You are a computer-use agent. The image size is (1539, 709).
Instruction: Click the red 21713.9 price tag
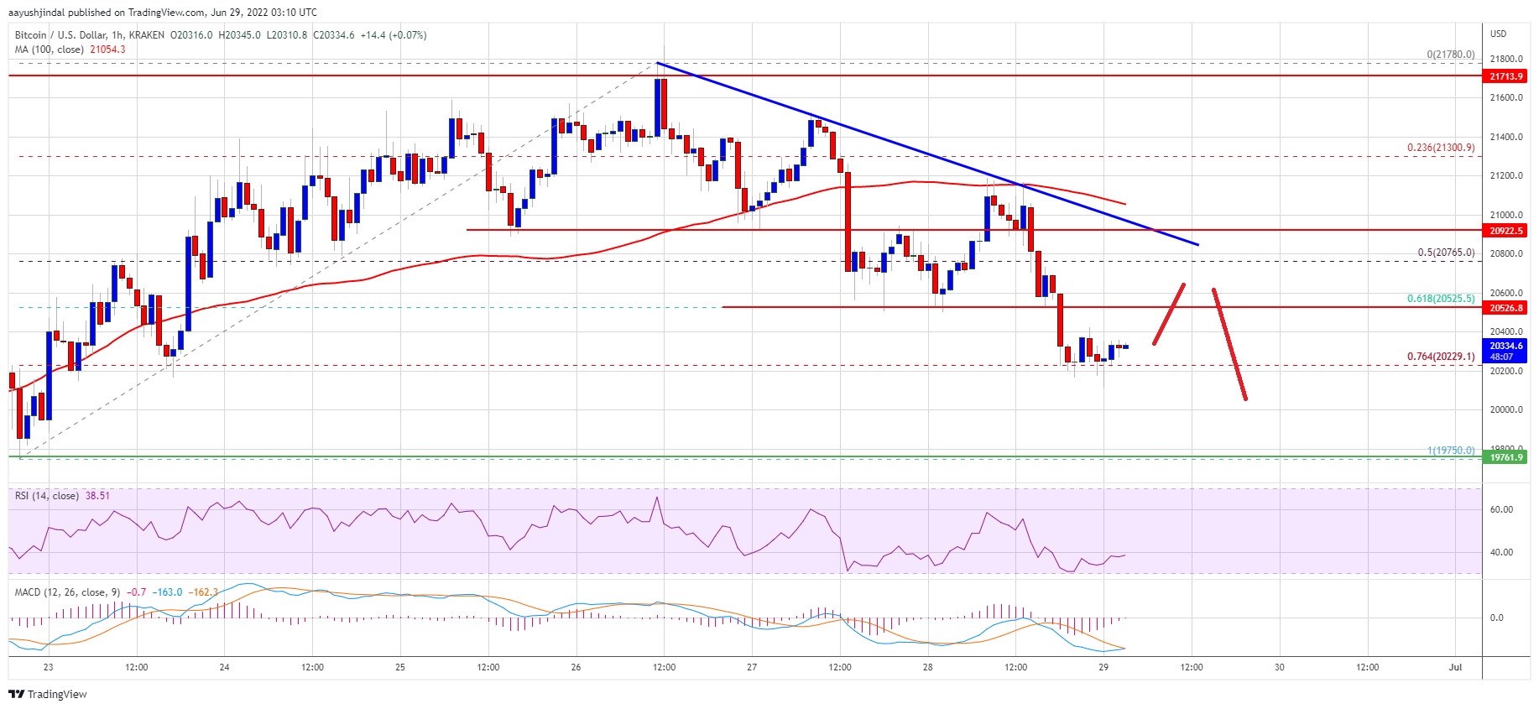(x=1505, y=76)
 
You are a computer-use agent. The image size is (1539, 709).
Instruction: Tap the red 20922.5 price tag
(x=1505, y=231)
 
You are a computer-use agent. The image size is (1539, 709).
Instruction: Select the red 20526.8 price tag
(x=1505, y=308)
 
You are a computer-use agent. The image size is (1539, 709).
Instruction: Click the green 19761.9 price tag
(x=1505, y=457)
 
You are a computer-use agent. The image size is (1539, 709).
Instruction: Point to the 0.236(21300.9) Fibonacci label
(x=1440, y=148)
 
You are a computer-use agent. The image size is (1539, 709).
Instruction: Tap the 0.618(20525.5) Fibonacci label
(x=1440, y=299)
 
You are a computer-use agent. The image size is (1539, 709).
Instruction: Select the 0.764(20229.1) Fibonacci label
(x=1440, y=357)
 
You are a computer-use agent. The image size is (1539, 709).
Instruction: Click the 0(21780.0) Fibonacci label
(x=1450, y=55)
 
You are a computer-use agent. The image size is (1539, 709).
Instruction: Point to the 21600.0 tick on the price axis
(x=1505, y=98)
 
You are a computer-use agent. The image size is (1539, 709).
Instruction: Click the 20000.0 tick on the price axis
(x=1505, y=410)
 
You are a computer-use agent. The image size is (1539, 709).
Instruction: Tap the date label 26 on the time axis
(x=576, y=668)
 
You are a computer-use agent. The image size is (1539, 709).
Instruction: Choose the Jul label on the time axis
(x=1455, y=668)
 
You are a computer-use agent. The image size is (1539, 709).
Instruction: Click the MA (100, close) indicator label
(x=50, y=50)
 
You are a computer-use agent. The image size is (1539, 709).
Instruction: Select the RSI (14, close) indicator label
(x=47, y=496)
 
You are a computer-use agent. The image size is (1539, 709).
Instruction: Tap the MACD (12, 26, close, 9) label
(x=67, y=592)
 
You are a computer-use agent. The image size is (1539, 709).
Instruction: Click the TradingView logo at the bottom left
(x=48, y=694)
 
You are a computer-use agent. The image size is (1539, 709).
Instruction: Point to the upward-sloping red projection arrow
(x=1169, y=314)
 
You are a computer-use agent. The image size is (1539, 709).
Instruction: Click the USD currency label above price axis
(x=1498, y=34)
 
